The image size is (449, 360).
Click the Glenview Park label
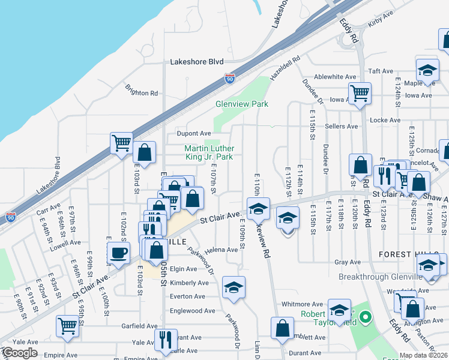click(x=241, y=104)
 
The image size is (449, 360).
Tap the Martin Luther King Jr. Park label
click(x=208, y=152)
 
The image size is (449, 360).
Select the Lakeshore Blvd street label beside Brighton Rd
click(x=197, y=61)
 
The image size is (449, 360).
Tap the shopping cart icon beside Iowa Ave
click(x=360, y=93)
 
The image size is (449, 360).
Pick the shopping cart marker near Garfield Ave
click(x=68, y=326)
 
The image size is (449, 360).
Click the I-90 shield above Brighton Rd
click(x=229, y=78)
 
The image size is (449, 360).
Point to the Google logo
click(x=20, y=353)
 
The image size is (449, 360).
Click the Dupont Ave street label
click(x=193, y=133)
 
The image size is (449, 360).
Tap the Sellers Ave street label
click(x=341, y=126)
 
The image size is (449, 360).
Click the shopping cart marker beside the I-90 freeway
click(x=121, y=143)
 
